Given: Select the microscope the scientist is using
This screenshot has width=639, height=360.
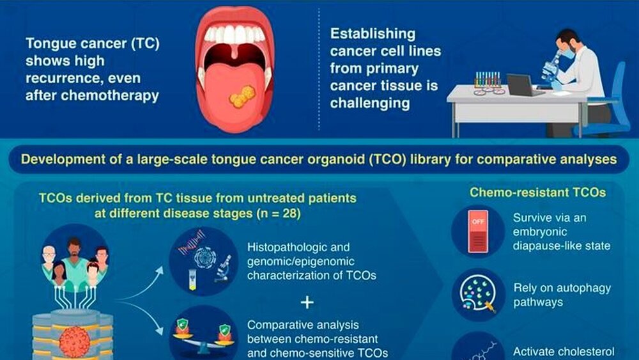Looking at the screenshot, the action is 551,69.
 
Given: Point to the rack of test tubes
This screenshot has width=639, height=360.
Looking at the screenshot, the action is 488,80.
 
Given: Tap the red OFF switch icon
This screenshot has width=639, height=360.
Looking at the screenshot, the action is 478,231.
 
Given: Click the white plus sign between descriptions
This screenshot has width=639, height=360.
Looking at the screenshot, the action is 307,302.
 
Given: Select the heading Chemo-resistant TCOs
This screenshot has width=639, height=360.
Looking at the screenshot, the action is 537,192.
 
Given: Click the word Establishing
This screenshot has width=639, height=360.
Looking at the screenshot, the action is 373,34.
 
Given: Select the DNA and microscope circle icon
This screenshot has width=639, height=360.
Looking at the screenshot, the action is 203,261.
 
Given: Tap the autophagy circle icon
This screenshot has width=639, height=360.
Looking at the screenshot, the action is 479,294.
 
